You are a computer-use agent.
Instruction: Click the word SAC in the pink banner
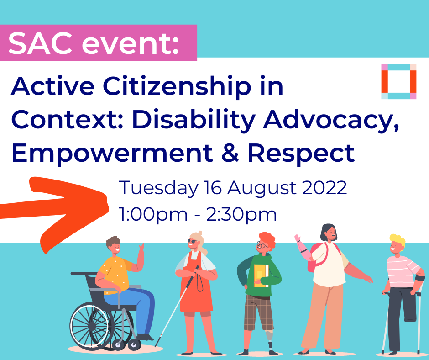[x=40, y=43]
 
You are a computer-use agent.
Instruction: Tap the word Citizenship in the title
[x=177, y=86]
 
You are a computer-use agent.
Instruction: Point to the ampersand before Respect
[x=230, y=153]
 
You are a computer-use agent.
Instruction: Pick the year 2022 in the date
[x=324, y=188]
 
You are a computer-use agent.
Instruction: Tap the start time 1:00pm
[x=153, y=215]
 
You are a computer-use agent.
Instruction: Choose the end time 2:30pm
[x=241, y=215]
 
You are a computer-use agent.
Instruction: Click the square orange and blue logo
[x=398, y=81]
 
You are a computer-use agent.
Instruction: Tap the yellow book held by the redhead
[x=261, y=275]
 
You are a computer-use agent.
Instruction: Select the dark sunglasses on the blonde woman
[x=193, y=241]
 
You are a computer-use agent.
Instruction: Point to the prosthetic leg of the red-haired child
[x=270, y=340]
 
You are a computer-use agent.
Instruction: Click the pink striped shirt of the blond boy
[x=401, y=271]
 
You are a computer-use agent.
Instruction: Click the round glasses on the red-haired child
[x=262, y=245]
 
